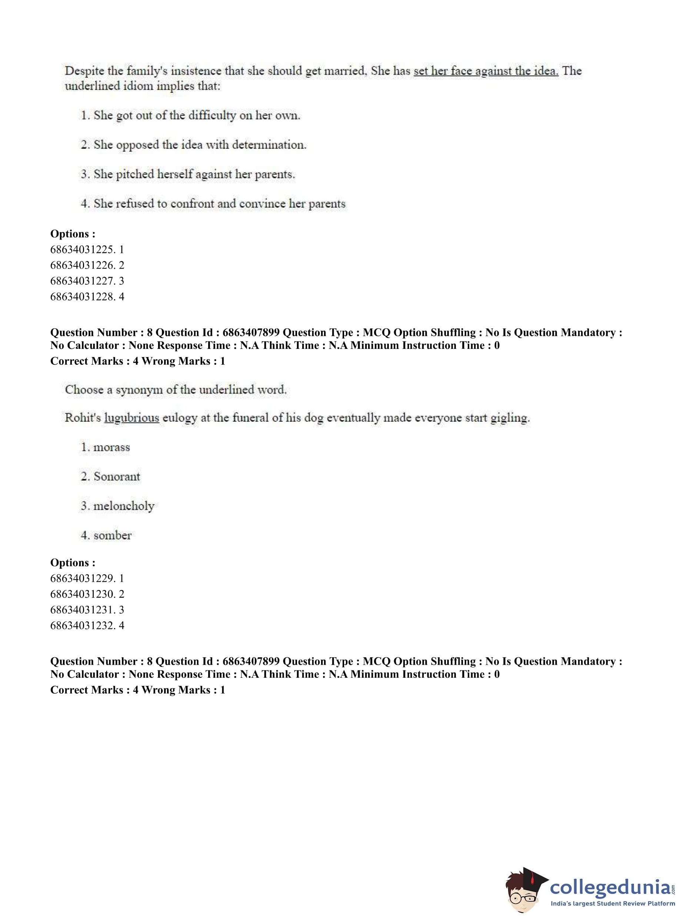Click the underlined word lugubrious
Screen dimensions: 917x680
point(132,418)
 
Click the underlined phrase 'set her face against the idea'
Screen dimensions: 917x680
point(486,71)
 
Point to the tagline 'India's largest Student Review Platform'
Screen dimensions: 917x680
point(613,904)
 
